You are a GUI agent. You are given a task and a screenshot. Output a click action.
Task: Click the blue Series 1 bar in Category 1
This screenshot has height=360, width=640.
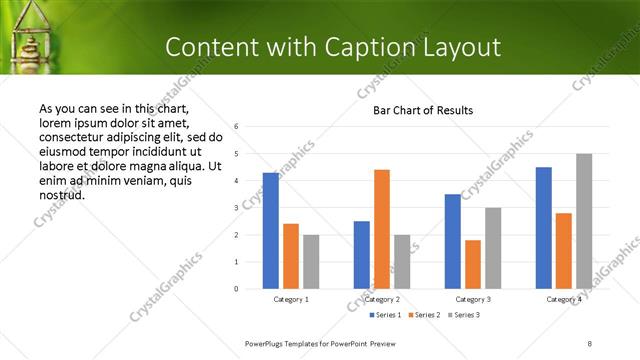[x=270, y=231]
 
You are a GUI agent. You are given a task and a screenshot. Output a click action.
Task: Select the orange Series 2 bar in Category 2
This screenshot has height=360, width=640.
[x=382, y=229]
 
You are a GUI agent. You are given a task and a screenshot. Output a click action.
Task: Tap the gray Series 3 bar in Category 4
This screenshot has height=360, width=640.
[x=584, y=221]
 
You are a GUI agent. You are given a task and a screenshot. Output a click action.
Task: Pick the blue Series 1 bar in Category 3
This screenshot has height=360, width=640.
[x=453, y=241]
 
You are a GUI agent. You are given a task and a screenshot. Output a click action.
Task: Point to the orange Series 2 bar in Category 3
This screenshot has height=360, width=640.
[x=473, y=264]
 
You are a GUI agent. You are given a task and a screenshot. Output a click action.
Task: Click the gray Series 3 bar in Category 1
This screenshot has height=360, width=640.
[x=311, y=261]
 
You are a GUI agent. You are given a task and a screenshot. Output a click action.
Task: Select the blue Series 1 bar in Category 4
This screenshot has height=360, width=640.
[x=543, y=228]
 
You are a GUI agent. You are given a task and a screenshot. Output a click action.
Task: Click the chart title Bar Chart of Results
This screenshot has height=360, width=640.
[x=423, y=110]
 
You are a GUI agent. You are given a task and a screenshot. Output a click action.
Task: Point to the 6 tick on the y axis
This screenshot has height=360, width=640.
[x=236, y=127]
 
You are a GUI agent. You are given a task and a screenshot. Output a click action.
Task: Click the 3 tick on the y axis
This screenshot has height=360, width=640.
[x=236, y=208]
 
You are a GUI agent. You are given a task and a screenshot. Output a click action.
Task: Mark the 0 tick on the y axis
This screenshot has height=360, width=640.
[x=236, y=289]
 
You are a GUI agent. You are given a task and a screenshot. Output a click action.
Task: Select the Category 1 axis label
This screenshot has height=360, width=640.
[x=291, y=299]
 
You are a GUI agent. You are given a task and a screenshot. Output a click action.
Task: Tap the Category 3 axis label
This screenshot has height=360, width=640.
[x=473, y=299]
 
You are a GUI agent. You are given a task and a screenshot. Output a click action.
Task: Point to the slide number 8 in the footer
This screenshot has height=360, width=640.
[x=590, y=343]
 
